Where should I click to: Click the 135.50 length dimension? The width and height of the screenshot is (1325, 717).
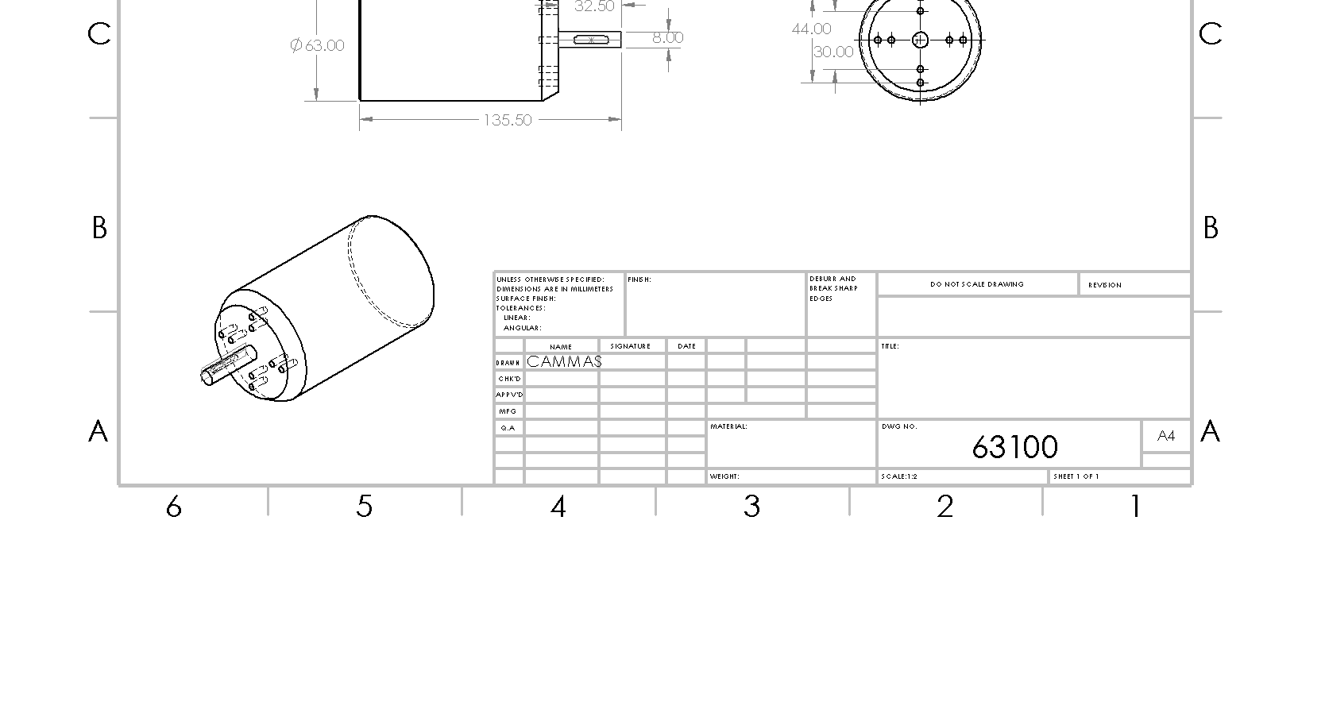[x=508, y=121]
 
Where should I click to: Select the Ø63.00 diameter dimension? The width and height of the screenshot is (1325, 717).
[x=318, y=45]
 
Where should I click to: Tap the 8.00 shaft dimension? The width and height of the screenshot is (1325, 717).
[x=667, y=37]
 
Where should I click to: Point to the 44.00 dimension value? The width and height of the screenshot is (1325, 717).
[x=811, y=29]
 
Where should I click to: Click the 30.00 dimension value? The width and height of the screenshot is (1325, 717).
[x=833, y=52]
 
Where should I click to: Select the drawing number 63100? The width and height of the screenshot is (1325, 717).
[x=1014, y=448]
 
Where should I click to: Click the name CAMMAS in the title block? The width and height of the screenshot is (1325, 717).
[x=564, y=362]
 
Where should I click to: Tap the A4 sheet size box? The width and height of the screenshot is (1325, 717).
[x=1166, y=436]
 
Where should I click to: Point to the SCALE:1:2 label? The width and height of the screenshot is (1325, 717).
[x=899, y=477]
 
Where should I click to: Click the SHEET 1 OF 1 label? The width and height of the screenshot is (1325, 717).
[x=1076, y=477]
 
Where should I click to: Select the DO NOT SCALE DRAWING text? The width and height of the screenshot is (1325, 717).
[x=977, y=284]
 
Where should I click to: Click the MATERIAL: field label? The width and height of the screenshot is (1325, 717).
[x=728, y=427]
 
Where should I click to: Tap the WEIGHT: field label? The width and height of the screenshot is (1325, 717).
[x=724, y=477]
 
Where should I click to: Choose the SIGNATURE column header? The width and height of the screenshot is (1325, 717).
[x=631, y=346]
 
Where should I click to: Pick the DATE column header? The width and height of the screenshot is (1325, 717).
[x=687, y=346]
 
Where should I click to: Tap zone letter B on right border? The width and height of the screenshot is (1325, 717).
[x=1210, y=229]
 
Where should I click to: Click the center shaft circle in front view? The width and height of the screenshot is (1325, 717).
[x=921, y=40]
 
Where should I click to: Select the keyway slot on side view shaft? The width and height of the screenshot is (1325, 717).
[x=591, y=40]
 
